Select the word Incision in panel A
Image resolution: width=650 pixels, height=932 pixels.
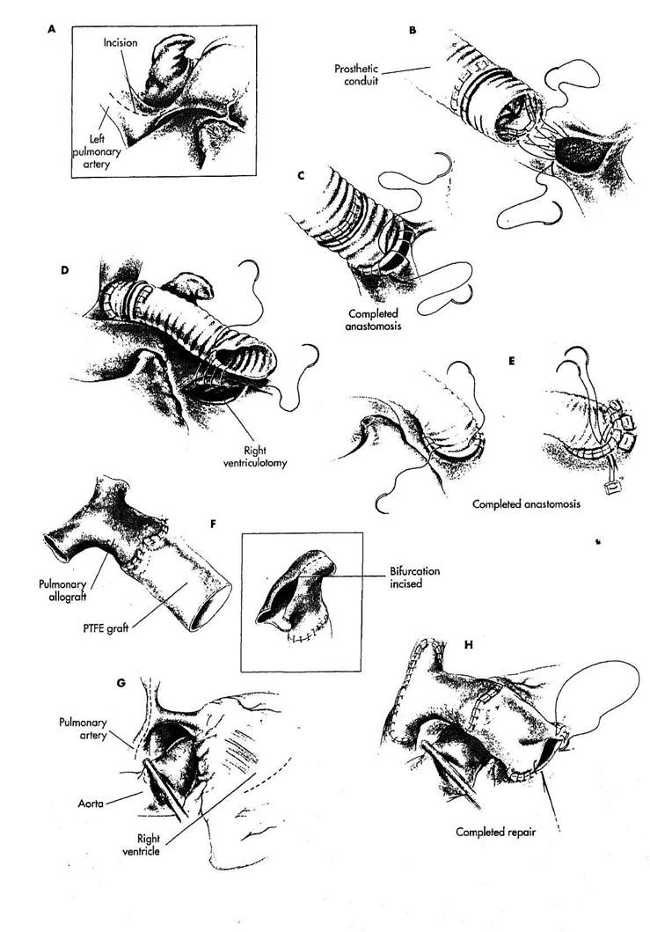120,43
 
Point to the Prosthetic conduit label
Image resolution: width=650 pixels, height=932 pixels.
356,74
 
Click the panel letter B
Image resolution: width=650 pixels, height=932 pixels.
413,30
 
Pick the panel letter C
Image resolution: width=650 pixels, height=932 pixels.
301,175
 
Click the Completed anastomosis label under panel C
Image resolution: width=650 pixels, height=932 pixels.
374,319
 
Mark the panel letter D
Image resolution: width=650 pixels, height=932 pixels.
65,270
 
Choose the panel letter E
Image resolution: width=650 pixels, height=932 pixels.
512,361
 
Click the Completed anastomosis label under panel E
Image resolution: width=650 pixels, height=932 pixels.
526,504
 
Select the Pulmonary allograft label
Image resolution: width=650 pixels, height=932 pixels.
63,591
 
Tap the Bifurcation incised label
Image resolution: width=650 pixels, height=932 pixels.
415,577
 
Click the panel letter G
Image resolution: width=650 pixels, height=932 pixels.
121,683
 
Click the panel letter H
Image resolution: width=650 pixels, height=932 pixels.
468,644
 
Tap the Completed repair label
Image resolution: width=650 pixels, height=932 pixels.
495,833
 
